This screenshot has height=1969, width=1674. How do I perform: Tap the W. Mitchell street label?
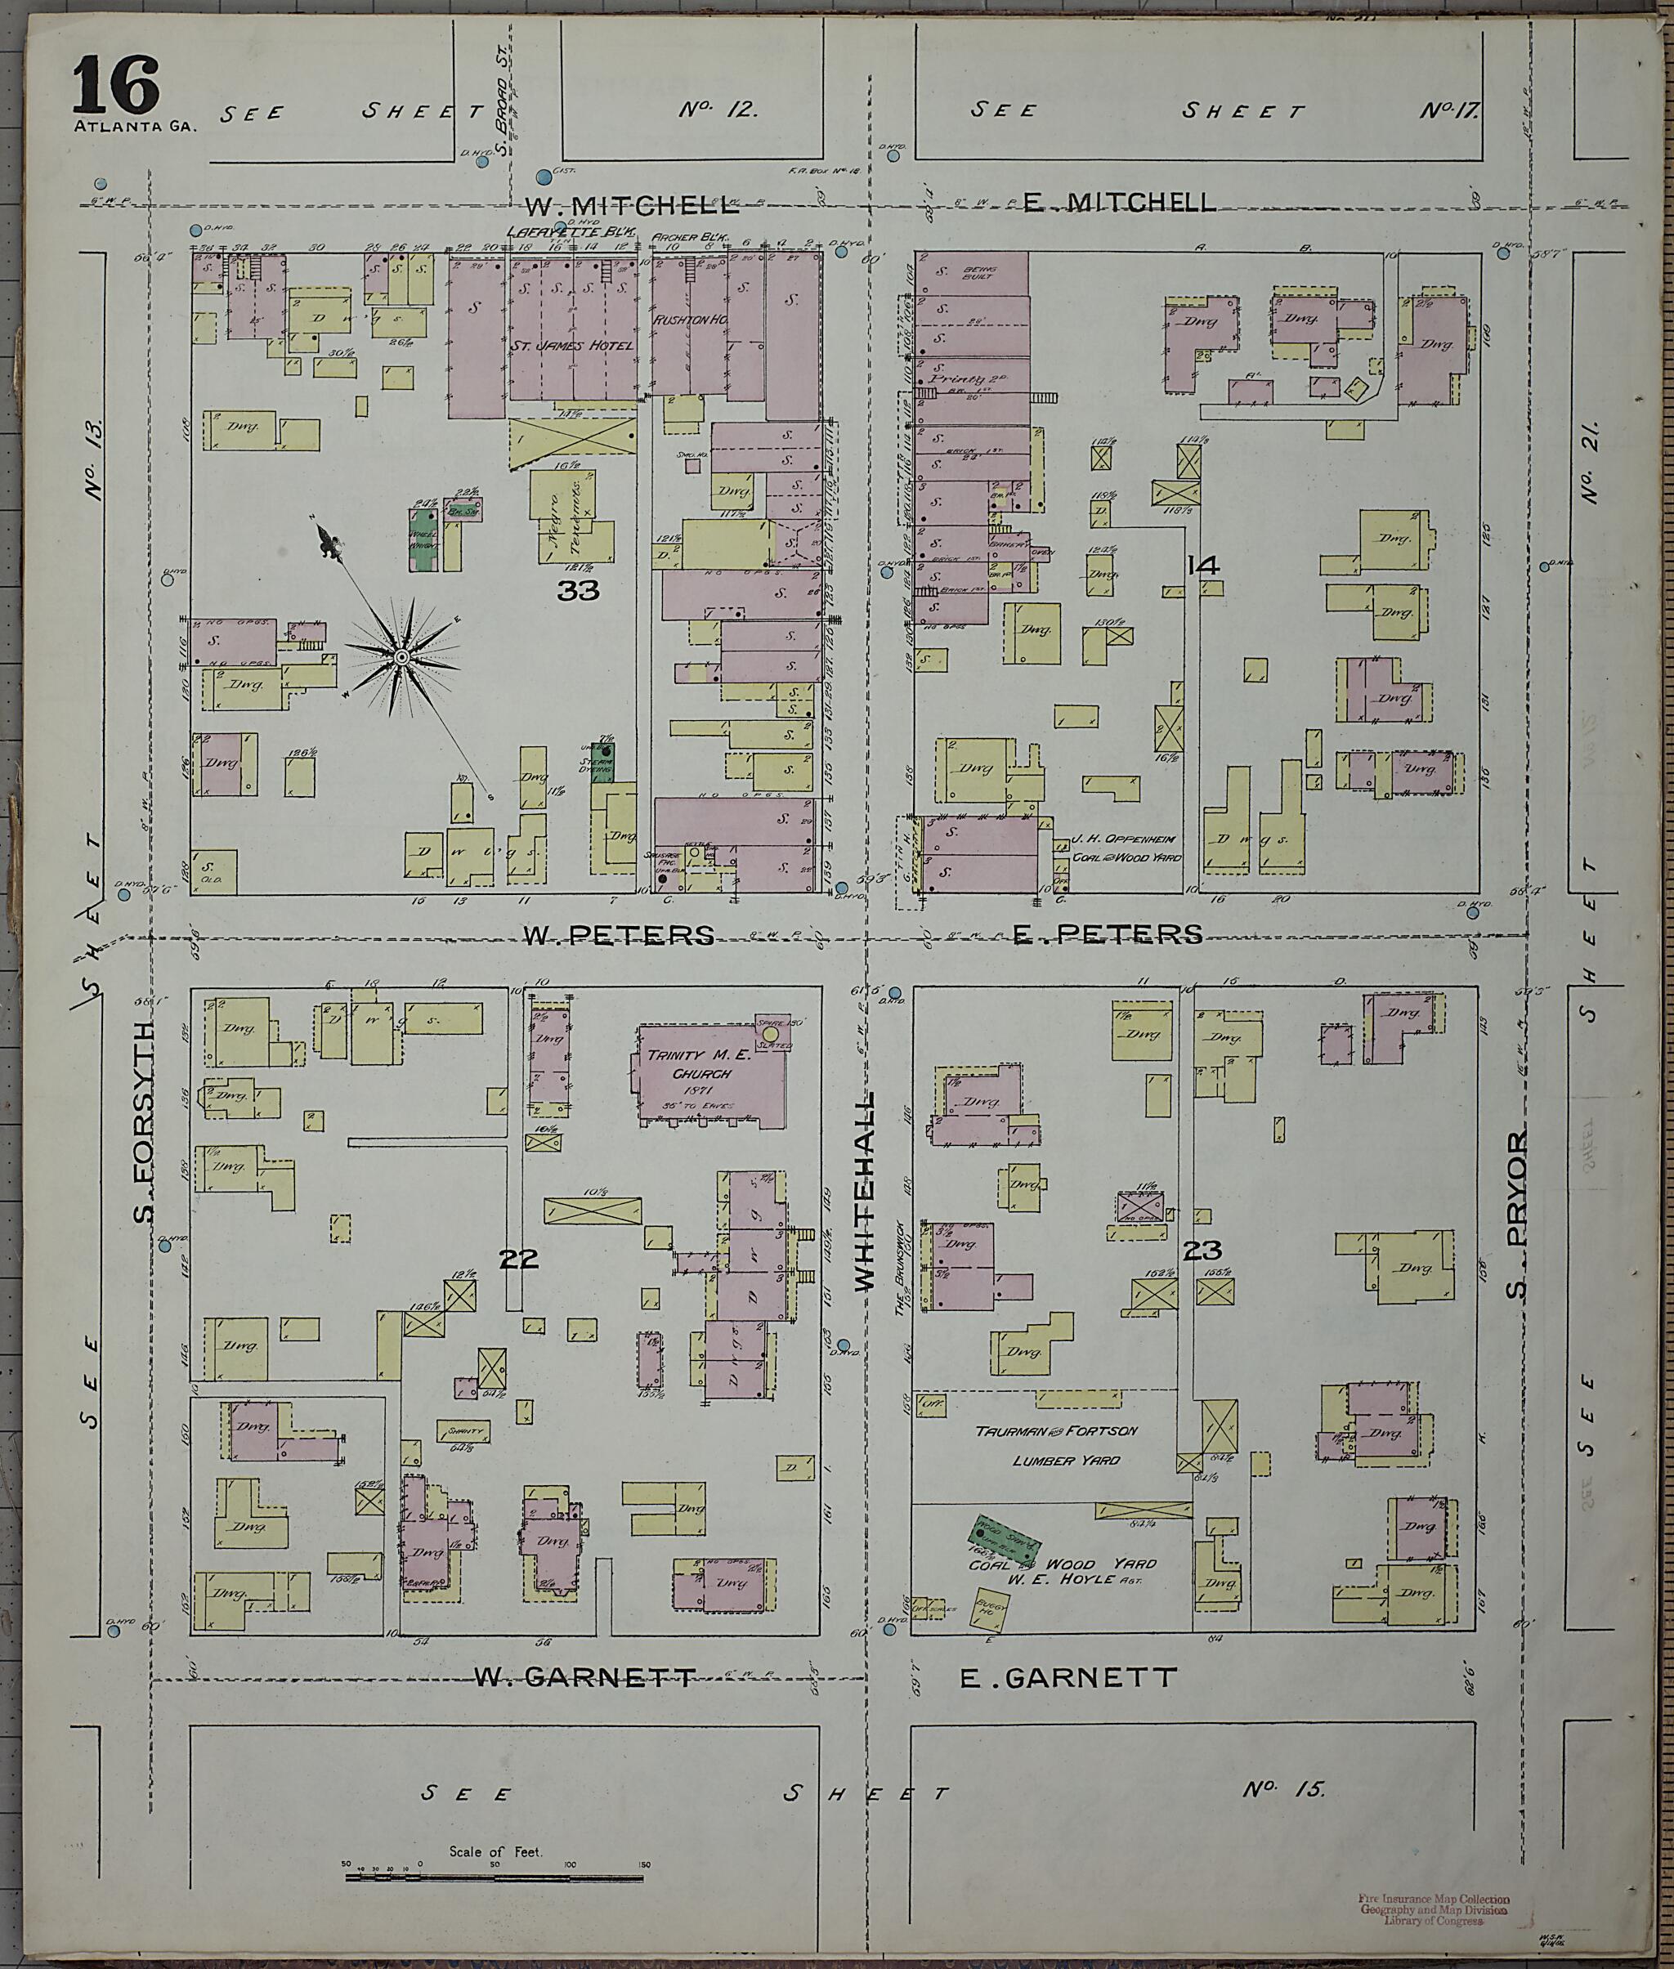pos(631,204)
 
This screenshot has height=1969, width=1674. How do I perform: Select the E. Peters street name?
pos(1107,935)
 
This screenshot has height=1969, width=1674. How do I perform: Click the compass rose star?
pos(401,656)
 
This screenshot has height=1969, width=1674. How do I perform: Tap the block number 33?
pos(578,591)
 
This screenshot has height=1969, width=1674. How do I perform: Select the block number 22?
pos(519,1260)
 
